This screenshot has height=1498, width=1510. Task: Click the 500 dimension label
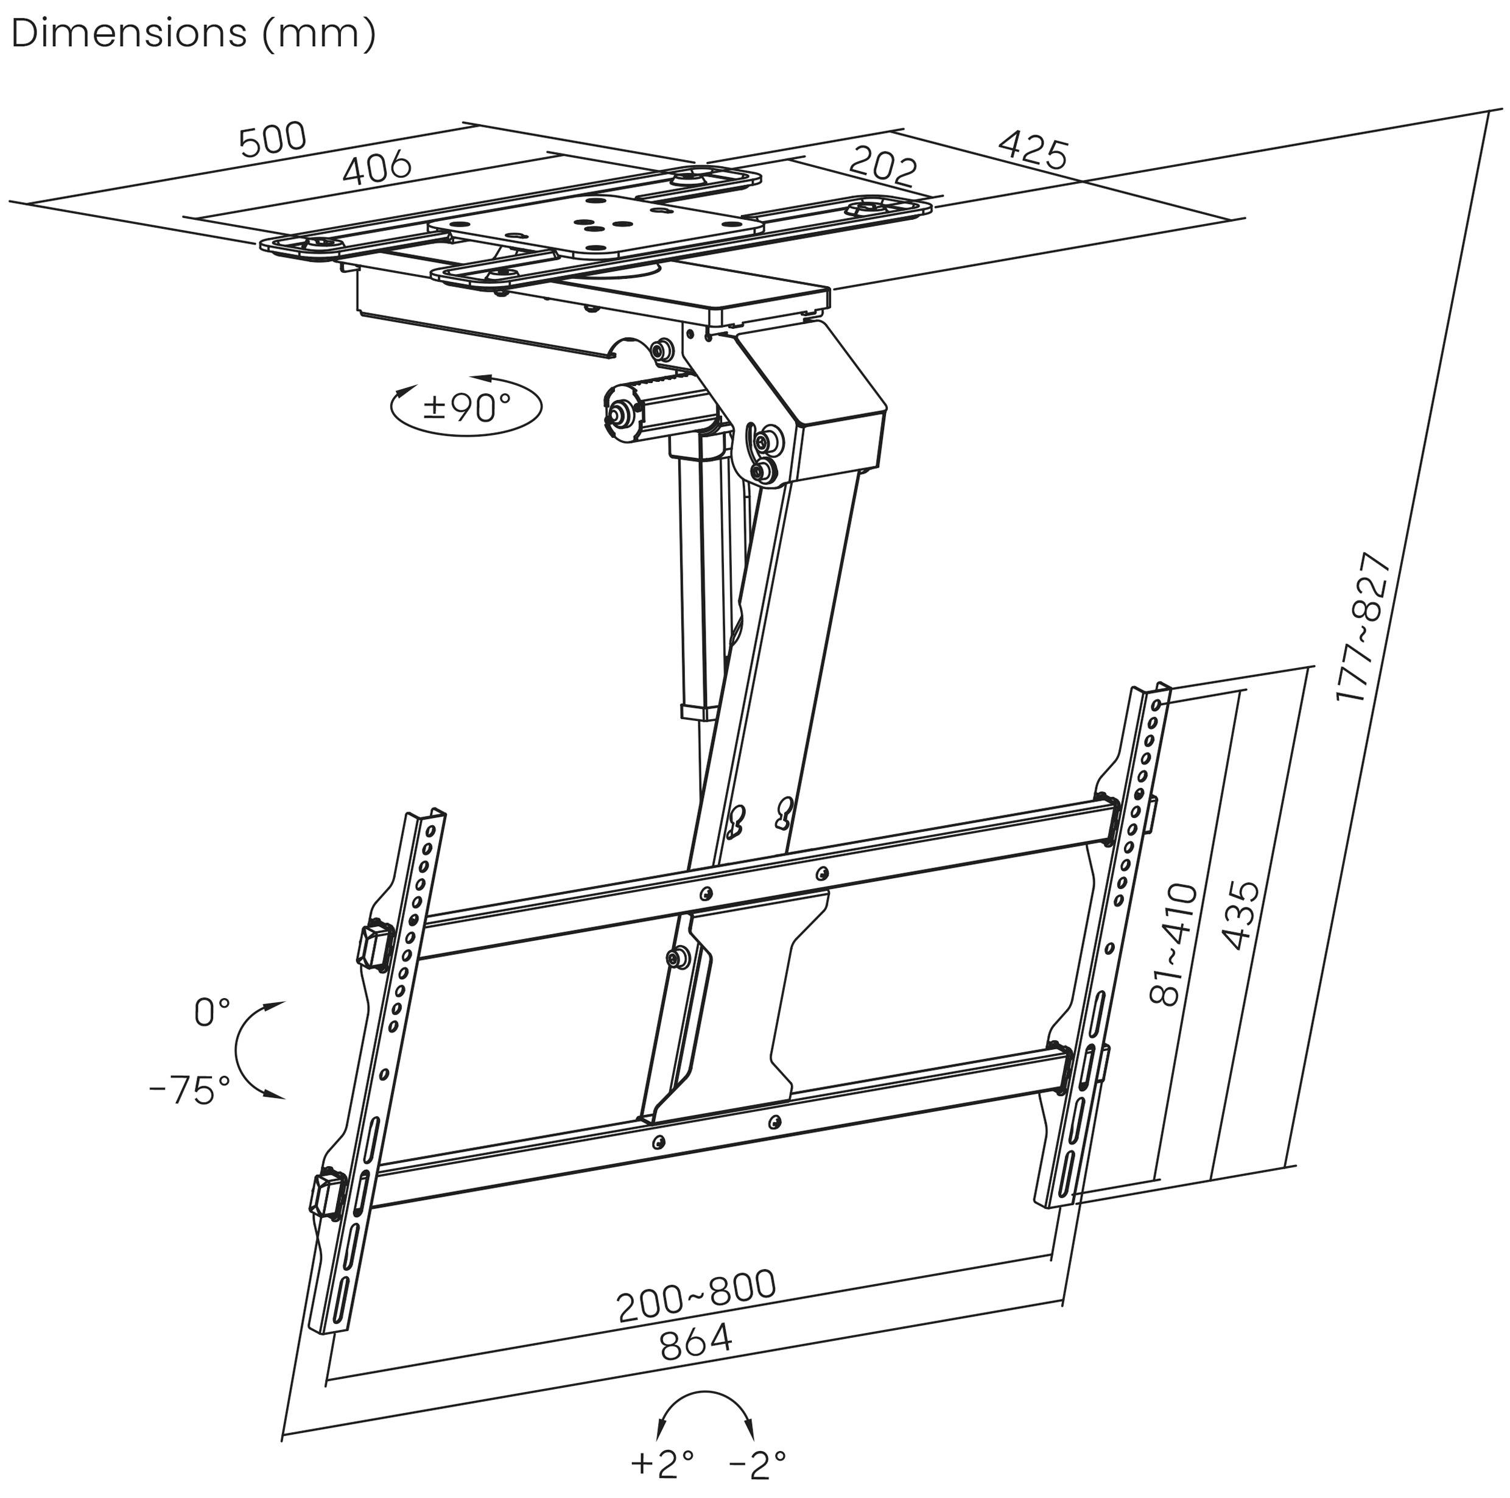pyautogui.click(x=273, y=140)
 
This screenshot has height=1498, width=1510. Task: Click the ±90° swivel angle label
pyautogui.click(x=466, y=407)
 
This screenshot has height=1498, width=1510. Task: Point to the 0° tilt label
pyautogui.click(x=211, y=1013)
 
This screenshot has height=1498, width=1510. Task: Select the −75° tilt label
pyautogui.click(x=190, y=1090)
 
